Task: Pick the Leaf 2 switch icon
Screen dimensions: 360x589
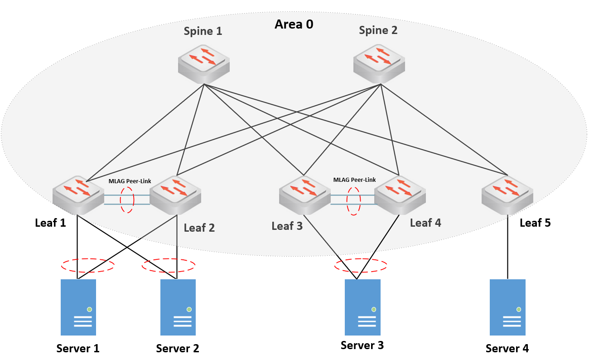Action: (x=175, y=195)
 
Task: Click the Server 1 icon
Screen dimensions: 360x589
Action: (x=78, y=307)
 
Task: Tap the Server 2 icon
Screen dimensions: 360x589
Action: (x=178, y=307)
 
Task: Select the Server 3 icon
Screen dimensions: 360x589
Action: (x=362, y=307)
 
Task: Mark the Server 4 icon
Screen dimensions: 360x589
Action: (x=507, y=307)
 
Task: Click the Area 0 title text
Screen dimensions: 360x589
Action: (x=294, y=24)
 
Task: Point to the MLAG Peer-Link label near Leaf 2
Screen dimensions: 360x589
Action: (x=130, y=181)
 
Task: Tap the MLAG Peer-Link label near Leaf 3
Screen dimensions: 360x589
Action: (x=354, y=180)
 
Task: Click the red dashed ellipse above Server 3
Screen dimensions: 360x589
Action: (x=361, y=265)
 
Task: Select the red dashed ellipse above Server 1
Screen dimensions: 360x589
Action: (x=88, y=265)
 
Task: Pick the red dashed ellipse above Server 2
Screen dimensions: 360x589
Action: (x=169, y=265)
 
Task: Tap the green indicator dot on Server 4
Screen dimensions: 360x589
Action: (x=518, y=309)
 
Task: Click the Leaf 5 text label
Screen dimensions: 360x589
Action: (x=535, y=223)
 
